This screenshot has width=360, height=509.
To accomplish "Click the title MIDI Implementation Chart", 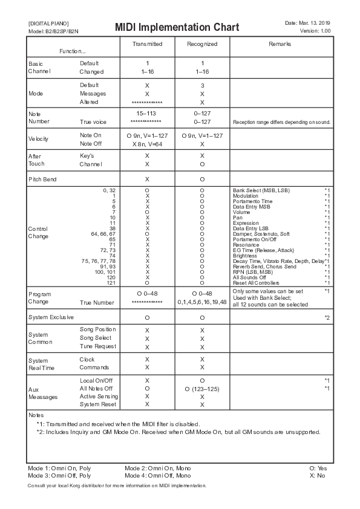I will tap(177, 28).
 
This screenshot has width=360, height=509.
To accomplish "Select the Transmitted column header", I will tap(147, 44).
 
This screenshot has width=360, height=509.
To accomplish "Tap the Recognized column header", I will tap(202, 44).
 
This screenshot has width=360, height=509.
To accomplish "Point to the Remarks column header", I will tap(280, 44).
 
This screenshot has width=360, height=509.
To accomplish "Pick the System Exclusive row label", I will tap(51, 317).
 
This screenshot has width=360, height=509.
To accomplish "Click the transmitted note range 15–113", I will tap(147, 114).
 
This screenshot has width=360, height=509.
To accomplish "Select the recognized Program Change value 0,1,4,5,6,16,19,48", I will tap(202, 302).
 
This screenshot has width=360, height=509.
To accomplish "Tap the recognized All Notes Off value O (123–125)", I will tap(202, 388).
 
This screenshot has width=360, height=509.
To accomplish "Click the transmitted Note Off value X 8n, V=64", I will tap(147, 144).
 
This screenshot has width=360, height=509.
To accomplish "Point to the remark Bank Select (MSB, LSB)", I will tap(261, 190).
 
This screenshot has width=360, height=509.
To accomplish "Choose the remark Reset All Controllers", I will tap(257, 283).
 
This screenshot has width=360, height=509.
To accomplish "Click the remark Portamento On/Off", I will tap(256, 239).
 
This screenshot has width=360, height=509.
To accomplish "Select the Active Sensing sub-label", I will tap(99, 396).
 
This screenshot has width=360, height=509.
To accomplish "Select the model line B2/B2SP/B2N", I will tap(53, 31).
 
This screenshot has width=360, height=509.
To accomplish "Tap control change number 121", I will tap(112, 283).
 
